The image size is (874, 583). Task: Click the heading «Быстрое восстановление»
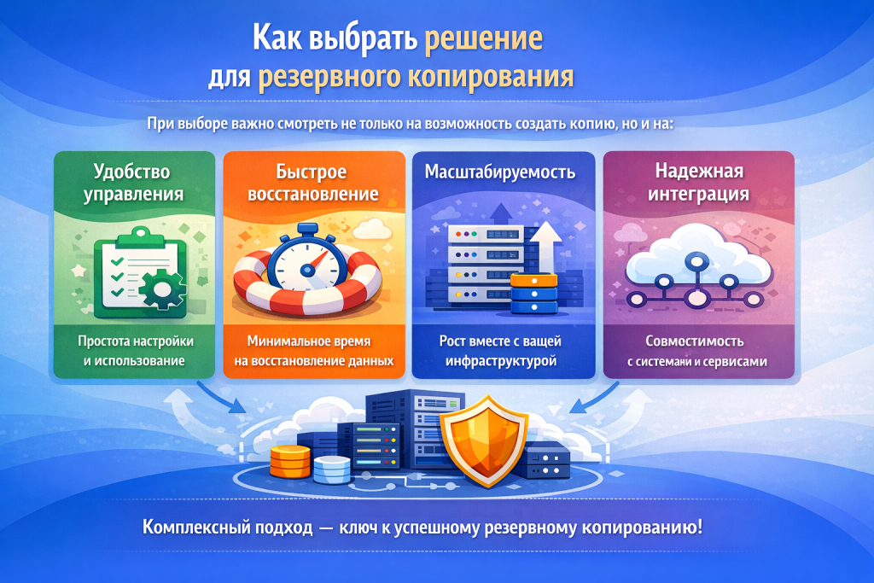[x=312, y=183]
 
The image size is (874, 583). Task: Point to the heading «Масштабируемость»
[x=499, y=172]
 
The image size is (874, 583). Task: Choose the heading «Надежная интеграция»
[x=697, y=183]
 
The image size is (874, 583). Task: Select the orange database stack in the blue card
[x=533, y=294]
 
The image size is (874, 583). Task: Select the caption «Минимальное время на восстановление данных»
[x=312, y=350]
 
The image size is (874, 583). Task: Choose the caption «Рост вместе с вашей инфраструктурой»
[x=499, y=350]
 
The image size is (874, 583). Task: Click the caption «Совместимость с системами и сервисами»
[x=697, y=350]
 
